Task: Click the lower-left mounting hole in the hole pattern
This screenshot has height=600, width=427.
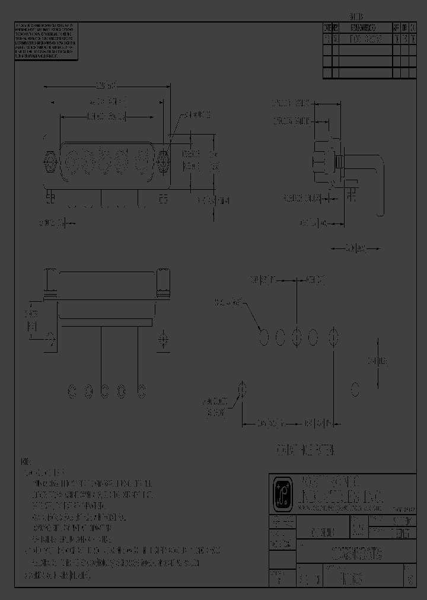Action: pyautogui.click(x=241, y=389)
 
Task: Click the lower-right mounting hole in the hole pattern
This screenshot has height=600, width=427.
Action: pyautogui.click(x=355, y=389)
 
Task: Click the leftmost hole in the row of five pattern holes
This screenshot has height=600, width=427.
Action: pyautogui.click(x=265, y=337)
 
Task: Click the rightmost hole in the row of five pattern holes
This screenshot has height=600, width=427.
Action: pyautogui.click(x=334, y=337)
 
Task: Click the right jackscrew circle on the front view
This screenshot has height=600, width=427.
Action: pyautogui.click(x=165, y=159)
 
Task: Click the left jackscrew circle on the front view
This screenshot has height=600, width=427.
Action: pyautogui.click(x=50, y=159)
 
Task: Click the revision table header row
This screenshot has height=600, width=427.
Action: pyautogui.click(x=368, y=28)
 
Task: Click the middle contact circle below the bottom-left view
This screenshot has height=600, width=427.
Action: pyautogui.click(x=105, y=391)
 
